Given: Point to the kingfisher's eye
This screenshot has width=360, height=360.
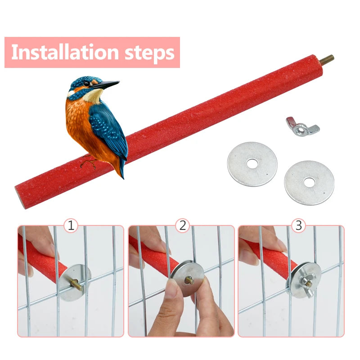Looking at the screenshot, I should coord(86,83).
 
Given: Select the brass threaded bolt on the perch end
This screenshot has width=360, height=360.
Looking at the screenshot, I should coord(327,59).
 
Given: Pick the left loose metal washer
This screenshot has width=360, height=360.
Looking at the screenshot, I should coord(252,164).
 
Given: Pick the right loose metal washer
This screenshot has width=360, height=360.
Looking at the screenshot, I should coord(309,182).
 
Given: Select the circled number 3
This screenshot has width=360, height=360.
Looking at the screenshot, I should coord(298,225).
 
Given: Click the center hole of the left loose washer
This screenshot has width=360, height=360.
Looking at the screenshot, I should coord(252,164).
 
